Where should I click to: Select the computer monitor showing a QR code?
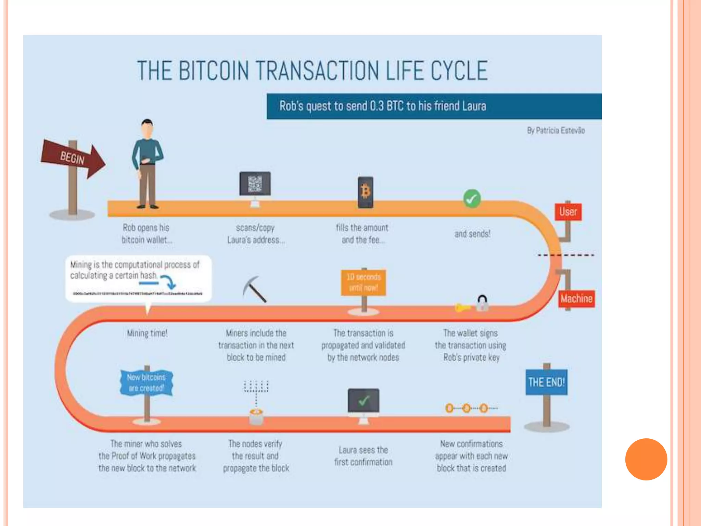coord(255,184)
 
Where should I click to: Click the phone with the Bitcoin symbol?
coord(365,192)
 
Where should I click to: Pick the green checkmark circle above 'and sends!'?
coord(472,199)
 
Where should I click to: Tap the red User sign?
coord(568,212)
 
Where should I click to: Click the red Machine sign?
coord(576,299)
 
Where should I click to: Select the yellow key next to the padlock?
coord(462,308)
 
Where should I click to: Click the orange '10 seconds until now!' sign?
coord(364,283)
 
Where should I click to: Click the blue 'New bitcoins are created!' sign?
coord(146,383)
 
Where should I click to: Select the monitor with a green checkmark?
coord(364,401)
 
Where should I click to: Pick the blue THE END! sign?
coord(546,382)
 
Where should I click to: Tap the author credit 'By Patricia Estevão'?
coord(556,130)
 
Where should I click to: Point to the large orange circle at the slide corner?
coord(646,459)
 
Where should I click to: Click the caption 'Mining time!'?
coord(147,333)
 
